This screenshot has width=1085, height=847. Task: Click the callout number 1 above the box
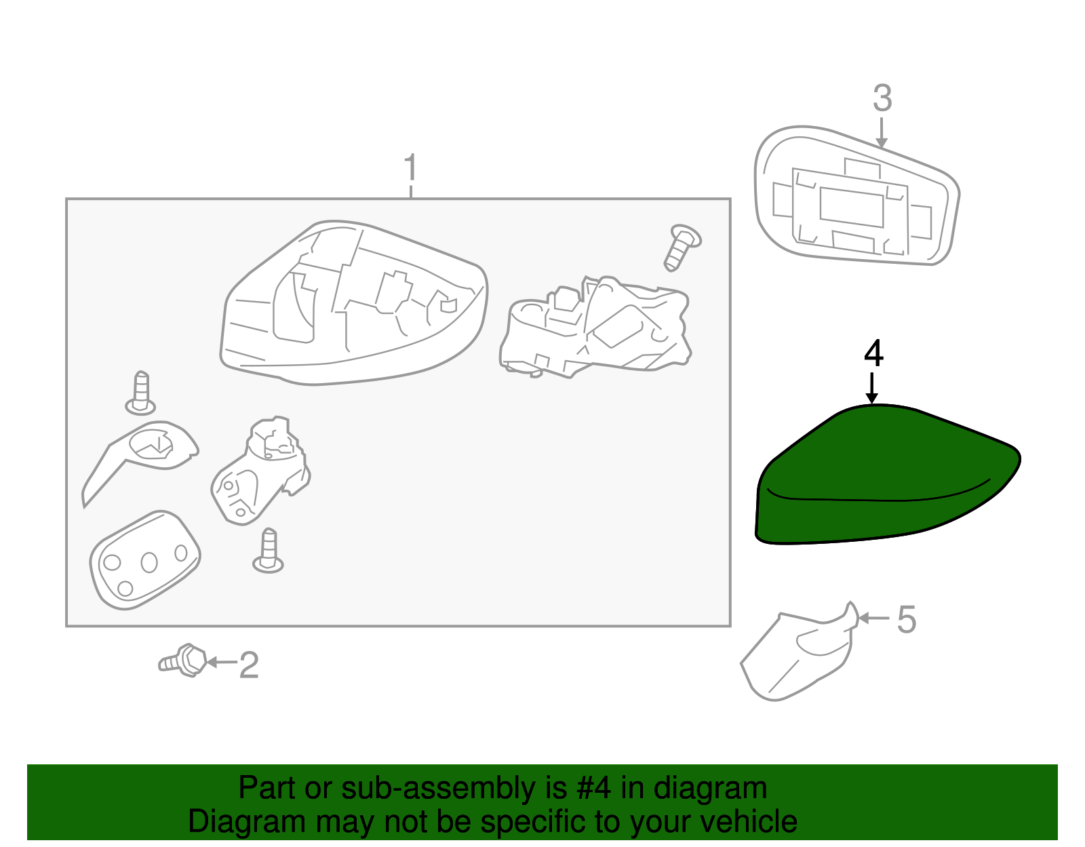click(x=410, y=168)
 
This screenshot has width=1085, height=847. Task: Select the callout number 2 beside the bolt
click(x=249, y=665)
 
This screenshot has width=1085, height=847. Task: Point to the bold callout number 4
click(x=873, y=353)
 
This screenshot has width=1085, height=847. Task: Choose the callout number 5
click(x=906, y=619)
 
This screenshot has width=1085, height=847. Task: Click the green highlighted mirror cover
click(x=887, y=474)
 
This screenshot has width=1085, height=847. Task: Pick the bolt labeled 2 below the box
click(x=182, y=661)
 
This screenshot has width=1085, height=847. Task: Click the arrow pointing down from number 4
click(x=871, y=388)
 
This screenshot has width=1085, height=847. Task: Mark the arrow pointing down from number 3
click(x=882, y=133)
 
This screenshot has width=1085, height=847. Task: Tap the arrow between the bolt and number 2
click(x=221, y=663)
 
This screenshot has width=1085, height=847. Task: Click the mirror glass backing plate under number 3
click(x=856, y=195)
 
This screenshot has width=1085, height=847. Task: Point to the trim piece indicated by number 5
click(x=799, y=652)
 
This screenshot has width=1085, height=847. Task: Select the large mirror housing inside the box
click(x=353, y=302)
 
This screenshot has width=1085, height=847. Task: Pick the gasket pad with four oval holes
click(x=145, y=561)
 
